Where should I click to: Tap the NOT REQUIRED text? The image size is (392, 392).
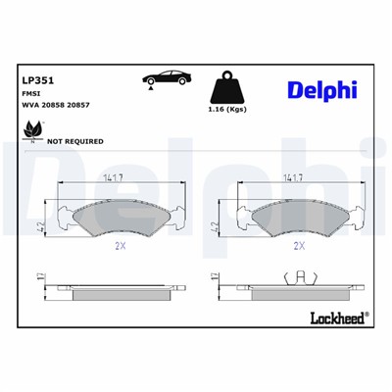(x=75, y=140)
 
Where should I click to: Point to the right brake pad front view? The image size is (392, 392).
(x=295, y=215)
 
